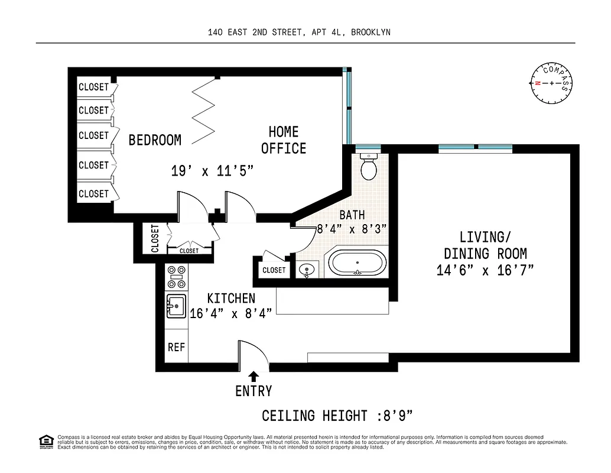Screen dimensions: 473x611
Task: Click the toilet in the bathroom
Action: click(x=369, y=168)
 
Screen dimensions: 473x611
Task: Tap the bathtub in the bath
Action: click(x=357, y=263)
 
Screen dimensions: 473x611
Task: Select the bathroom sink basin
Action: click(x=307, y=271)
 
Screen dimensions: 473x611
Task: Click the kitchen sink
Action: click(x=175, y=306)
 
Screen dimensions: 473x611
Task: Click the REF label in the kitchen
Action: click(x=176, y=348)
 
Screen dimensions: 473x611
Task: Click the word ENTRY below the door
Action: click(x=253, y=391)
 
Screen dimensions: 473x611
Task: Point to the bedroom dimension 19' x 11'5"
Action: click(x=212, y=172)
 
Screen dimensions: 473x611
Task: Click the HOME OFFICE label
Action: click(x=284, y=140)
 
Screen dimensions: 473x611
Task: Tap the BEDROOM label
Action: click(x=155, y=140)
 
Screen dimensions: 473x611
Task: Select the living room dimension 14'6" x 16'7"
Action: click(x=485, y=270)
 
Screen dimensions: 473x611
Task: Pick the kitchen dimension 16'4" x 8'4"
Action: click(x=230, y=313)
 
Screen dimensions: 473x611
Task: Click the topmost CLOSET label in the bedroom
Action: click(x=93, y=87)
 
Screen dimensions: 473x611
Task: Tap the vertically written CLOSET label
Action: click(x=155, y=238)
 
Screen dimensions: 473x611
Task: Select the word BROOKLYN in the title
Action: click(x=370, y=33)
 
